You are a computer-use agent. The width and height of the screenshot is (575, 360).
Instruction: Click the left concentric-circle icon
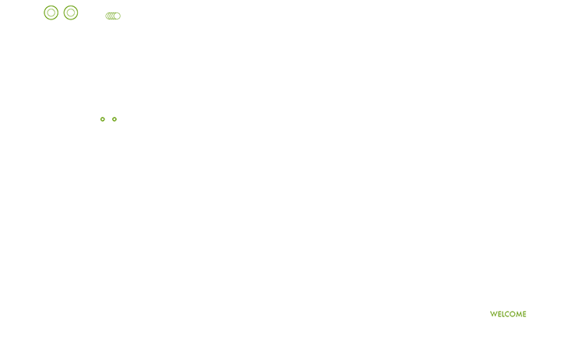click(x=51, y=12)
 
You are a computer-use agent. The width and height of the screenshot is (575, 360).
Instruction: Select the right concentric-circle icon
click(x=71, y=12)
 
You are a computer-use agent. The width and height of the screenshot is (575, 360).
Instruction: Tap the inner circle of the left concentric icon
click(x=51, y=12)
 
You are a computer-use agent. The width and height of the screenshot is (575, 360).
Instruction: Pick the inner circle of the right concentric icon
click(x=71, y=12)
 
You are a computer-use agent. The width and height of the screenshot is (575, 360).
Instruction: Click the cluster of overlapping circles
click(x=113, y=16)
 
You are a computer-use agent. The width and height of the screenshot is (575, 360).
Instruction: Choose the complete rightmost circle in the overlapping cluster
click(x=118, y=16)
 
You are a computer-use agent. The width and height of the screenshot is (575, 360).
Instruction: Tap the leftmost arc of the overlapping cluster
click(x=106, y=16)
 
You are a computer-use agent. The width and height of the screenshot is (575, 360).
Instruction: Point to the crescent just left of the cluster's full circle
click(x=113, y=16)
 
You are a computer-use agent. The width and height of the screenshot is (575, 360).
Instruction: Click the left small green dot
click(x=103, y=119)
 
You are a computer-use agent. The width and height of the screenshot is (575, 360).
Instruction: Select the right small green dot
click(x=115, y=119)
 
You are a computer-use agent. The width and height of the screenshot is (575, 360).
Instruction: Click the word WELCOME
click(x=508, y=314)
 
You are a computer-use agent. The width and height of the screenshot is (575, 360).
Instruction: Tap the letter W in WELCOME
click(x=494, y=314)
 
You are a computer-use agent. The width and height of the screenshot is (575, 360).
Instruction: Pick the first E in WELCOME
click(x=499, y=314)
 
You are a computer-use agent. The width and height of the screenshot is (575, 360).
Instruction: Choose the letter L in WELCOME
click(x=503, y=314)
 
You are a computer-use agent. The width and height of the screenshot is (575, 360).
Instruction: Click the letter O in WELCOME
click(x=513, y=314)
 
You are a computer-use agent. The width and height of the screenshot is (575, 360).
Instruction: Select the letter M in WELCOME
click(x=520, y=314)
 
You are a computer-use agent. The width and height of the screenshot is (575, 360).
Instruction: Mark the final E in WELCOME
click(x=525, y=314)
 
